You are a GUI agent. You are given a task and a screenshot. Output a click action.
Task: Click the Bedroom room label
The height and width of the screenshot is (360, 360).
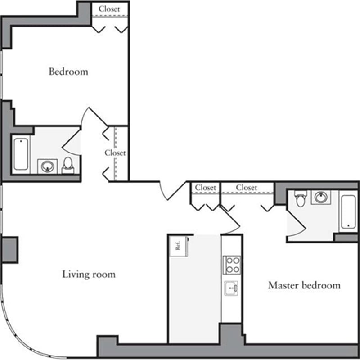coord(68,72)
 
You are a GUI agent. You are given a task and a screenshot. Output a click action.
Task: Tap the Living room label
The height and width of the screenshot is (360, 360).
coord(89,274)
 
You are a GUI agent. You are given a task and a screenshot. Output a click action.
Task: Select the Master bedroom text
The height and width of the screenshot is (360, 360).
coord(304,285)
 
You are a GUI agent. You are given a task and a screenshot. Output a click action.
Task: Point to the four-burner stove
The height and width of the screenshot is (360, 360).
coord(231,265)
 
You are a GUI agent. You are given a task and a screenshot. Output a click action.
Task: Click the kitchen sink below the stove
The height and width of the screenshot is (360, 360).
coord(231,288)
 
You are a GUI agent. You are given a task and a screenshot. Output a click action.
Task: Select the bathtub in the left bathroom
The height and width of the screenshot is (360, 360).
coord(21,153)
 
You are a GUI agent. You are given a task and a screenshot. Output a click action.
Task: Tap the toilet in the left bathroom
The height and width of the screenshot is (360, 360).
coord(68,165)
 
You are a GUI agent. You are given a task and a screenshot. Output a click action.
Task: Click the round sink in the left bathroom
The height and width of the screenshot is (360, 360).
coord(47,166)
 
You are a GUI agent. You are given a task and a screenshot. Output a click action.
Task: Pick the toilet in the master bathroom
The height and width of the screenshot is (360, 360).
coord(300,198)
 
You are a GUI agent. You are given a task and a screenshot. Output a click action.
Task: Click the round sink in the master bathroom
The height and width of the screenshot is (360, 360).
coord(321,197)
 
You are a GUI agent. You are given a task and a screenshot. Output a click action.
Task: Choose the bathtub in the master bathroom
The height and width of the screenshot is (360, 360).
coord(348,211)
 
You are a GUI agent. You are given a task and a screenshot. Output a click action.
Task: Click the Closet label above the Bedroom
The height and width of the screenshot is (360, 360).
coord(109,9)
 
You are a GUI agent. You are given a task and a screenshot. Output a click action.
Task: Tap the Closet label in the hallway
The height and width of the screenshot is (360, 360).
coord(115,153)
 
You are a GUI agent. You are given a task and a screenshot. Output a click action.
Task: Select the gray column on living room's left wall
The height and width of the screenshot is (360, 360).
coord(9,249)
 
